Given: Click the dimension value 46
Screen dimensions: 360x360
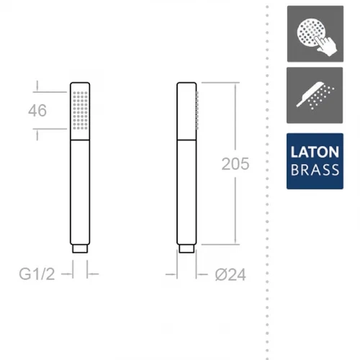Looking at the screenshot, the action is [37, 111].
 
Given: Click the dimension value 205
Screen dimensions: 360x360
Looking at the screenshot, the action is [235, 164].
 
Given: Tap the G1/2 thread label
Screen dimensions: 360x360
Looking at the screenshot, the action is [37, 274].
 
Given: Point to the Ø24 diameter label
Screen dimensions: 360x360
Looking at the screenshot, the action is [230, 274].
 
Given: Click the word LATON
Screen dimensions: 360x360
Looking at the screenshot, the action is [315, 152].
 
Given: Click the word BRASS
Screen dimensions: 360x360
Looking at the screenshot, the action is [315, 169].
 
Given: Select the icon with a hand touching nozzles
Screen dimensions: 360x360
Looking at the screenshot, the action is [315, 34].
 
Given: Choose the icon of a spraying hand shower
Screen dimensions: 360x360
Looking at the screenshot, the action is [315, 95].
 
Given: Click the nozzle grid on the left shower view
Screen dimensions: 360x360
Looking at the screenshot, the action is [80, 110].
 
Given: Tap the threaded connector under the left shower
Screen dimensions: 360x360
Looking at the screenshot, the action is [80, 248].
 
